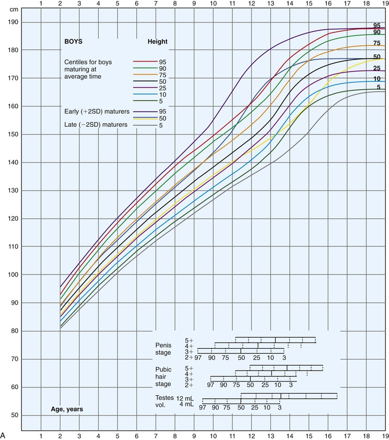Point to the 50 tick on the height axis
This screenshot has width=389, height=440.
[x=13, y=415]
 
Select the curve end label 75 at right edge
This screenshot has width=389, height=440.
[x=376, y=43]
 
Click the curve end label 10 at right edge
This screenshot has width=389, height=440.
[x=376, y=79]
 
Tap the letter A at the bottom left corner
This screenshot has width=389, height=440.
[x=4, y=434]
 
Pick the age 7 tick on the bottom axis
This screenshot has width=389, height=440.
[x=155, y=434]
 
